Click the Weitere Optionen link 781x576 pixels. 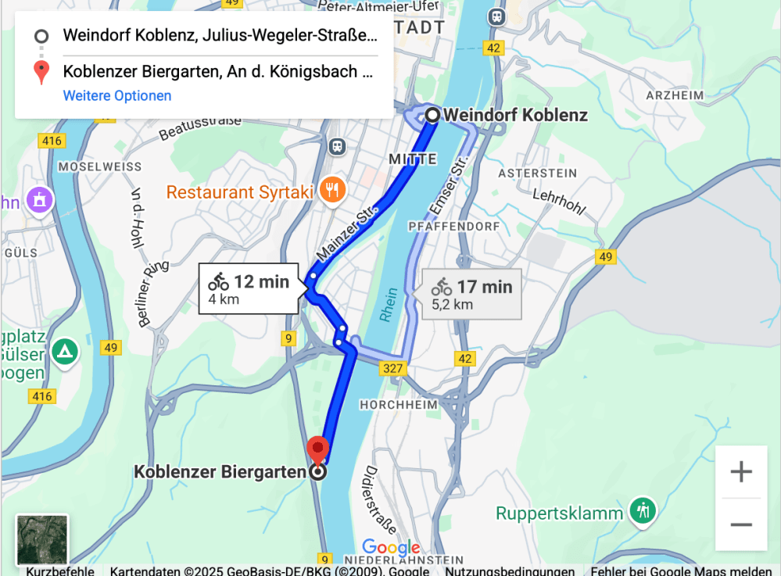117,96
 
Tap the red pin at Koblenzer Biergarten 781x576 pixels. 317,449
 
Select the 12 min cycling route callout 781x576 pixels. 249,288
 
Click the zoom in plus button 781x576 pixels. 740,471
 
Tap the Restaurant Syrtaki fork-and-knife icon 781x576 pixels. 333,190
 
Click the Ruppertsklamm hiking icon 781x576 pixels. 643,512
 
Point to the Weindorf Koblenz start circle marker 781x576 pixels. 432,116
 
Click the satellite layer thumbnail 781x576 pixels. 42,539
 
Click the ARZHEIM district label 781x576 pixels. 675,95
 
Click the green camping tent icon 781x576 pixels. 65,352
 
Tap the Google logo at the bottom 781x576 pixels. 391,548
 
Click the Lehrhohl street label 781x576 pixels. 558,200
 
